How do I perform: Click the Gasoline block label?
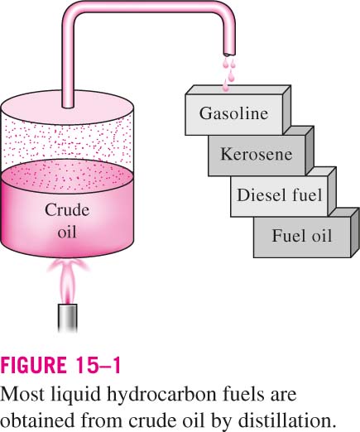click(233, 113)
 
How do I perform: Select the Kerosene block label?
click(257, 154)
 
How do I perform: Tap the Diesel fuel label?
click(280, 194)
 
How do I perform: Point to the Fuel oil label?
click(302, 236)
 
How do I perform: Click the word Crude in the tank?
click(67, 210)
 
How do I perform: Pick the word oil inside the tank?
click(67, 232)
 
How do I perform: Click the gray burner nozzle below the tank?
click(68, 318)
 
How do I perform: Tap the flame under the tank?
click(68, 280)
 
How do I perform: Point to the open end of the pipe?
click(229, 54)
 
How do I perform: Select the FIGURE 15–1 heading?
click(60, 365)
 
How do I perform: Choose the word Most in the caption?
click(22, 395)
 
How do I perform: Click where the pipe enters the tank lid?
click(68, 106)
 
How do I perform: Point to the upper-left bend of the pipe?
click(71, 11)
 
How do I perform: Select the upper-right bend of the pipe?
click(227, 11)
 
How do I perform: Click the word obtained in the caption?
click(37, 420)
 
